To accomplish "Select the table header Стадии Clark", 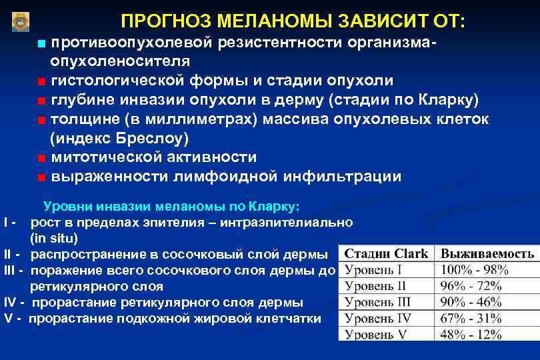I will pos(386,254).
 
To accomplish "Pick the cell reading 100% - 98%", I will pos(475,270).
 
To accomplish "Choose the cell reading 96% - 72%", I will pos(475,286).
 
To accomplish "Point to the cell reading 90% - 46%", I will pos(475,302).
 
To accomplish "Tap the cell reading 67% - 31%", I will pos(475,318).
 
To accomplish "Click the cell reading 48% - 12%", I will pos(475,333).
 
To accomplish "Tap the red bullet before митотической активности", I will pos(41,159).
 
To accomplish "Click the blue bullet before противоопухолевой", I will pos(41,43).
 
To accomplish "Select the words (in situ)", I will pos(54,238).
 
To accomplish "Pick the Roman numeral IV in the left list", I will pos(9,302).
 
